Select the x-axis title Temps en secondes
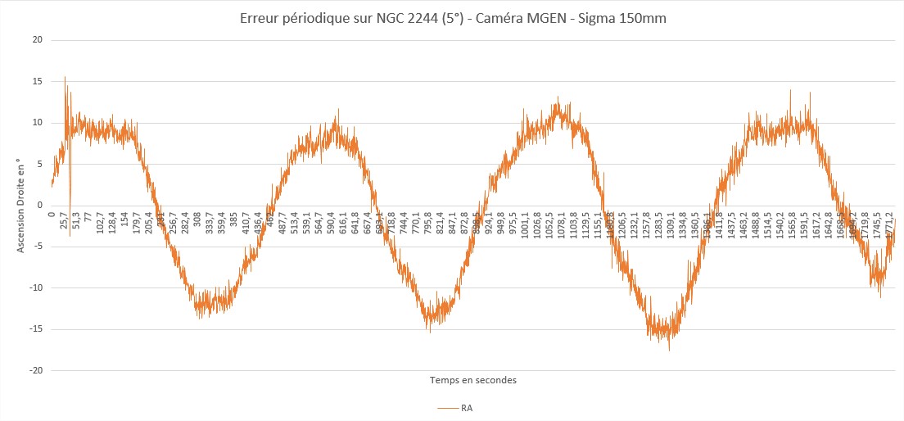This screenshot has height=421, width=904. (x=473, y=380)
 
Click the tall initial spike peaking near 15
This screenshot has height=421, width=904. (x=66, y=79)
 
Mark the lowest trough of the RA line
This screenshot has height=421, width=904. (x=669, y=348)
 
